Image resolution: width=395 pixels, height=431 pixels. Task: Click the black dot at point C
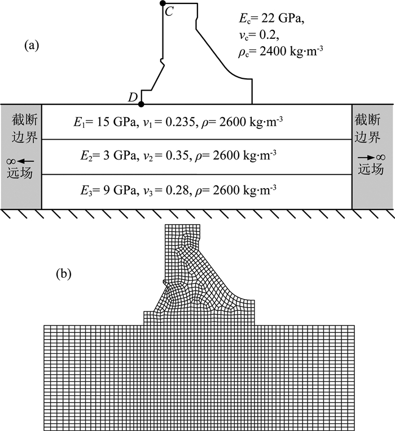[x=163, y=3]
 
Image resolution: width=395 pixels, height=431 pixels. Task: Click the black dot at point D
[x=141, y=104]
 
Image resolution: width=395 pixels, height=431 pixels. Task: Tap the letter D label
[x=133, y=97]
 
